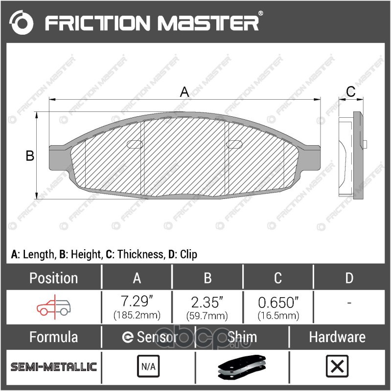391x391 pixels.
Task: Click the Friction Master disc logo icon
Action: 21,22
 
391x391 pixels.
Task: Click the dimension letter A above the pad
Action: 184,92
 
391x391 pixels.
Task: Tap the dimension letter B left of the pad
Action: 30,155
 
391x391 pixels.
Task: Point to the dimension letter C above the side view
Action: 350,91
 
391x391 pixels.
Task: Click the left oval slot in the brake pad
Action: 135,144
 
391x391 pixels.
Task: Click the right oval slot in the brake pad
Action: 234,144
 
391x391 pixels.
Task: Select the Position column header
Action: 53,278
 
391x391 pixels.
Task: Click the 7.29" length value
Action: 137,301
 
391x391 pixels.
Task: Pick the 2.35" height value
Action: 207,302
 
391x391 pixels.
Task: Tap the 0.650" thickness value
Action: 278,303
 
